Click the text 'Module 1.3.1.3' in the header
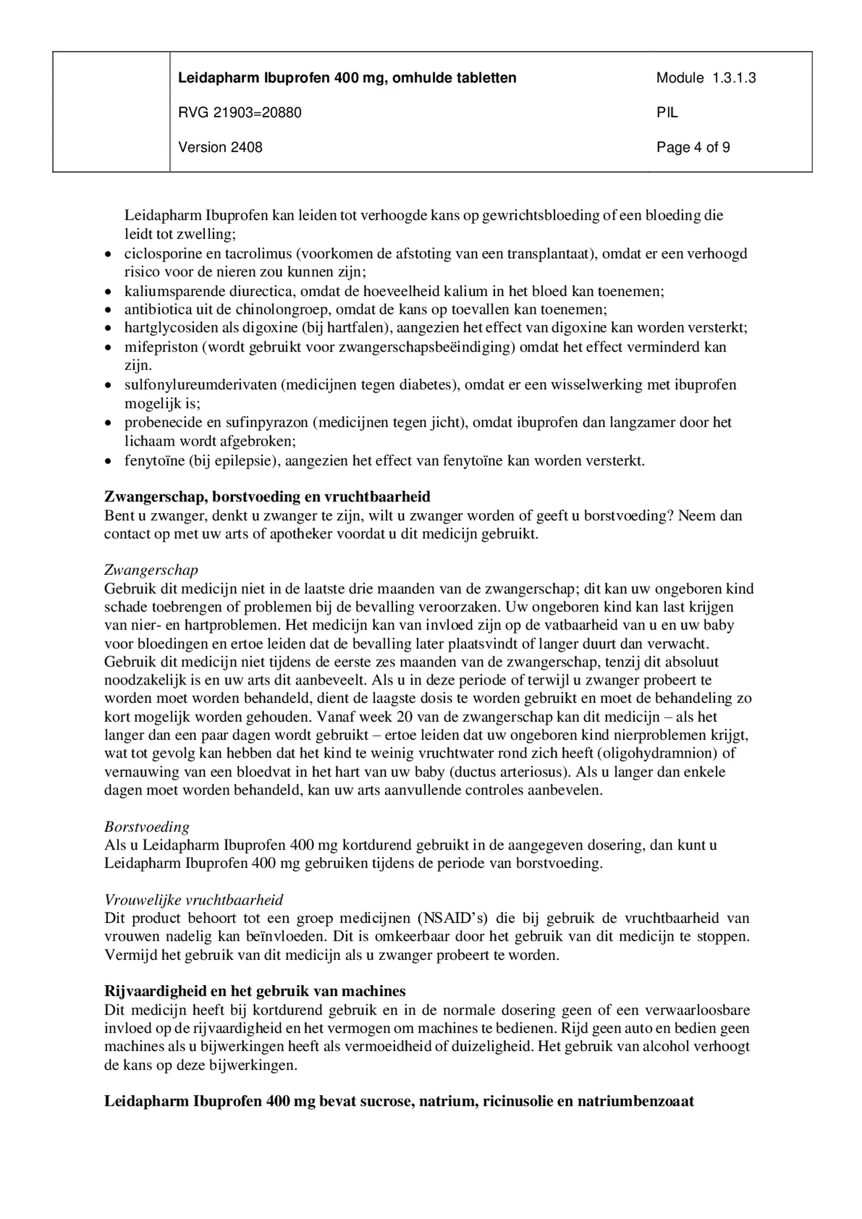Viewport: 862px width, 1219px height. (x=706, y=78)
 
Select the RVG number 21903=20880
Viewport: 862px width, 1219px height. (x=239, y=113)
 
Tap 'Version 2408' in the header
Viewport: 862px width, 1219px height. (x=220, y=147)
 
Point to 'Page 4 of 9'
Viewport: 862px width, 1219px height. (x=693, y=147)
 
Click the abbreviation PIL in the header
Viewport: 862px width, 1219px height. (x=667, y=113)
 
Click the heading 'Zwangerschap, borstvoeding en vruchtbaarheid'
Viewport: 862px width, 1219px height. (x=267, y=497)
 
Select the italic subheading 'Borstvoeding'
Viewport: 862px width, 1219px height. (x=147, y=827)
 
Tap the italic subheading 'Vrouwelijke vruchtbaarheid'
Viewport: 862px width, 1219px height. (x=194, y=900)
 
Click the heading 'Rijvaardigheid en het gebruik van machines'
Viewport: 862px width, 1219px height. (x=254, y=992)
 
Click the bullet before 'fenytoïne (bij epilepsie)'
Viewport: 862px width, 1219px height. (x=108, y=462)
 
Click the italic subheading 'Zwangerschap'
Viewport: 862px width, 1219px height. (x=151, y=570)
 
